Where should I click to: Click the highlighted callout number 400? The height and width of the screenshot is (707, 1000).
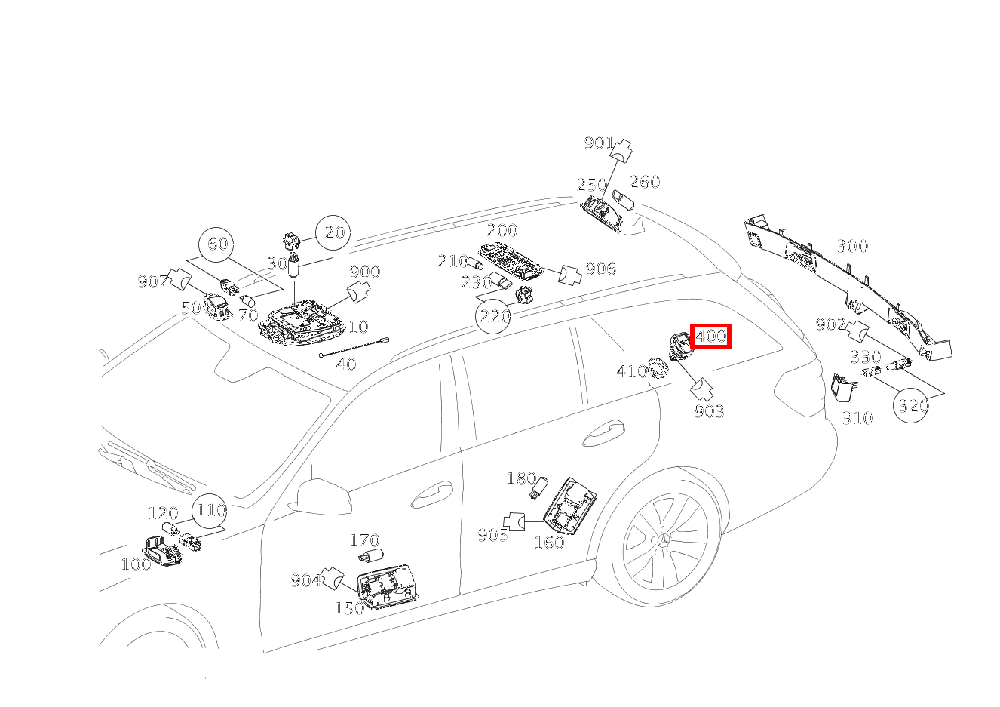coord(710,336)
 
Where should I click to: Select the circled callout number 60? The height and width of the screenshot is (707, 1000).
coord(217,244)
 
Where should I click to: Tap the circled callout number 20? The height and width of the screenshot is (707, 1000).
coord(333,233)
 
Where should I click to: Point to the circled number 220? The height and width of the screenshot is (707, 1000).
coord(495,315)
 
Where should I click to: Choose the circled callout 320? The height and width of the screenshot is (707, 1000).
coord(912,406)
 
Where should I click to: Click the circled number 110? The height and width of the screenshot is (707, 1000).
coord(210,511)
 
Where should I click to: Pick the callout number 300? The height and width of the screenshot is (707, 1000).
coord(852,246)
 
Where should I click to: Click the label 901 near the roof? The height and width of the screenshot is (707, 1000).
coord(599,143)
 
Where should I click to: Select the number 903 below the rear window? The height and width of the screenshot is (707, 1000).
coord(709,411)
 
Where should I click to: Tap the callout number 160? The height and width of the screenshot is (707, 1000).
coord(549,543)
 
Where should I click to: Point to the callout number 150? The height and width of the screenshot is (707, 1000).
coord(349,607)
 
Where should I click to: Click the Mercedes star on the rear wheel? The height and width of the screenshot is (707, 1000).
coord(664,541)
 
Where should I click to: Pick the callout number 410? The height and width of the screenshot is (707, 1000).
coord(632,371)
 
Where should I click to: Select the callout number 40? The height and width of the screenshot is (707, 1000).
coord(345,364)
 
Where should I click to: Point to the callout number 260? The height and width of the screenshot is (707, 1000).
coord(645,182)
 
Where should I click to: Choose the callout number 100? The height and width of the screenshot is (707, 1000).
coord(136,564)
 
